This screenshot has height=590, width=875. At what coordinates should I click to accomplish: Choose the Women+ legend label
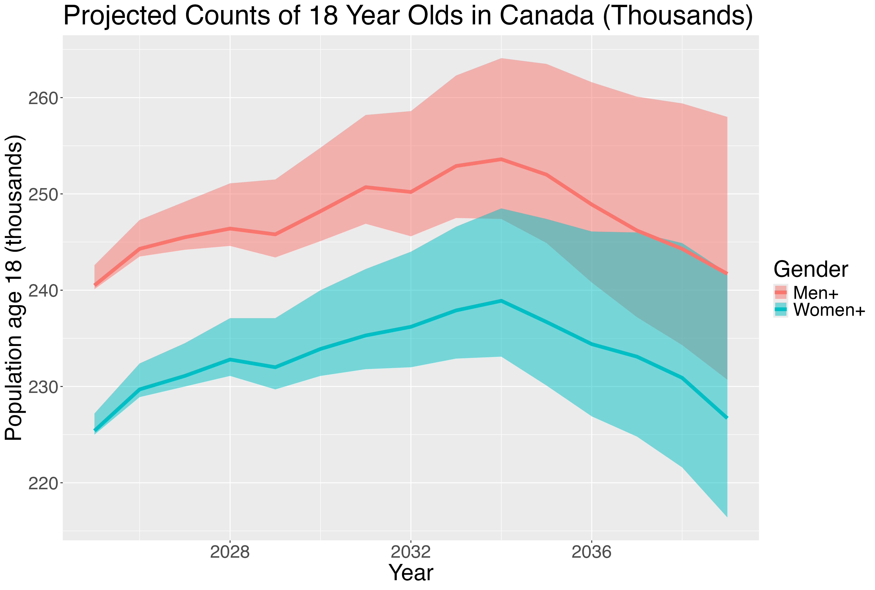pos(829,310)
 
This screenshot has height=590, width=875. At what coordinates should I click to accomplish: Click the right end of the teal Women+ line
pos(727,418)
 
